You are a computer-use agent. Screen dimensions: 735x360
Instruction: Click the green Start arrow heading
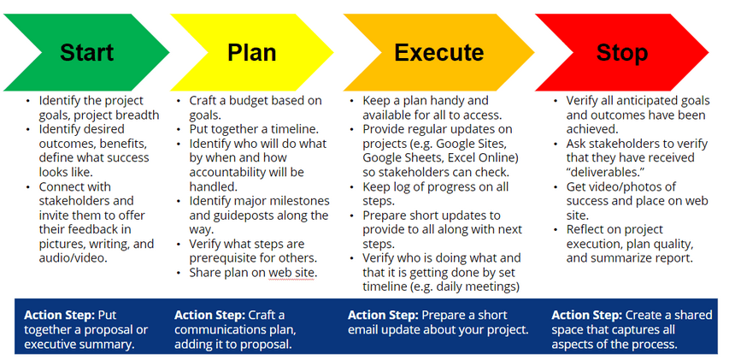(86, 52)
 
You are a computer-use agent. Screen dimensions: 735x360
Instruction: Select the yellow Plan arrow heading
(252, 52)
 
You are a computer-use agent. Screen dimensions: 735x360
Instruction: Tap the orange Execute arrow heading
(438, 52)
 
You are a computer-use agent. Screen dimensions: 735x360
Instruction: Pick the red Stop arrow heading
(622, 52)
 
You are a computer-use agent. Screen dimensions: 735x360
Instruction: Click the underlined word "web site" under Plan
(291, 273)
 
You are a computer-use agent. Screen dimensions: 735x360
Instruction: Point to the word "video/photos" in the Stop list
(629, 187)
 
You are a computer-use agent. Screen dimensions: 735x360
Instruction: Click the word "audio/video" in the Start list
(73, 258)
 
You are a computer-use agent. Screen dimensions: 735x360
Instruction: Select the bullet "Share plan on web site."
(253, 273)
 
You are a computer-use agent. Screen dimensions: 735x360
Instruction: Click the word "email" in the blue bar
(364, 330)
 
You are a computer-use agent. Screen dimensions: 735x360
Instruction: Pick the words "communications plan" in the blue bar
(235, 330)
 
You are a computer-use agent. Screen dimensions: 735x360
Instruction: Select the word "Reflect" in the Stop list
(585, 230)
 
